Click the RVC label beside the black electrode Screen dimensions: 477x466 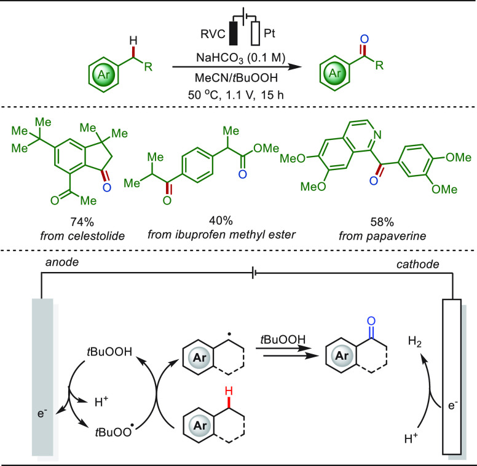[213, 34]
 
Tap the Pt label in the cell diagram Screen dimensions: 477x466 [269, 33]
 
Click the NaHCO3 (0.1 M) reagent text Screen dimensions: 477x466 [240, 58]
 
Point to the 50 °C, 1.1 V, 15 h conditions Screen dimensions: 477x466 [236, 95]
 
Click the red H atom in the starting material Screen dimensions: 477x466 [133, 40]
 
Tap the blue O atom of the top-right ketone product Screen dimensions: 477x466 [364, 39]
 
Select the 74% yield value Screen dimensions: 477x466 [82, 222]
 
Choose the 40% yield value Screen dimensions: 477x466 [221, 220]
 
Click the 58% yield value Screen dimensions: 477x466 [382, 222]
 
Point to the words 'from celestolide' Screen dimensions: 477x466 [82, 236]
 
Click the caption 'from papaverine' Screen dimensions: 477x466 [382, 236]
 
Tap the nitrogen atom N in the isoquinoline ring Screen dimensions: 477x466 [377, 134]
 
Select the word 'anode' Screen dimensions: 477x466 [62, 262]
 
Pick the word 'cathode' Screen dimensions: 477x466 [417, 264]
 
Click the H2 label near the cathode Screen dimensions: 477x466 [415, 341]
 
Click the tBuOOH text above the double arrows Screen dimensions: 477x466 [283, 340]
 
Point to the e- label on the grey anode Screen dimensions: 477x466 [42, 413]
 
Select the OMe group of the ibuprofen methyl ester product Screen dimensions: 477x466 [266, 148]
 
